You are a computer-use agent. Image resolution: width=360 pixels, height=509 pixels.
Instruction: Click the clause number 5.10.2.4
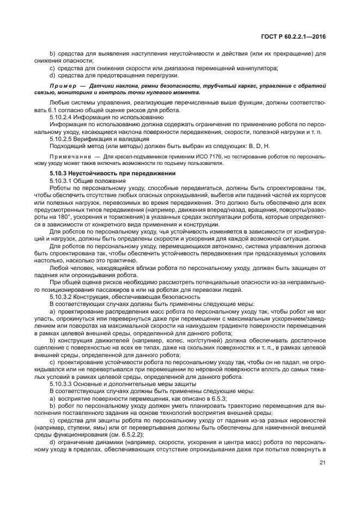[64, 117]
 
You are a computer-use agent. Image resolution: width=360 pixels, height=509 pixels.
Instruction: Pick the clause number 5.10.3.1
[64, 180]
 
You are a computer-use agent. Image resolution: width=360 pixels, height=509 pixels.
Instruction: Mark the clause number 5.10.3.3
[64, 384]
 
